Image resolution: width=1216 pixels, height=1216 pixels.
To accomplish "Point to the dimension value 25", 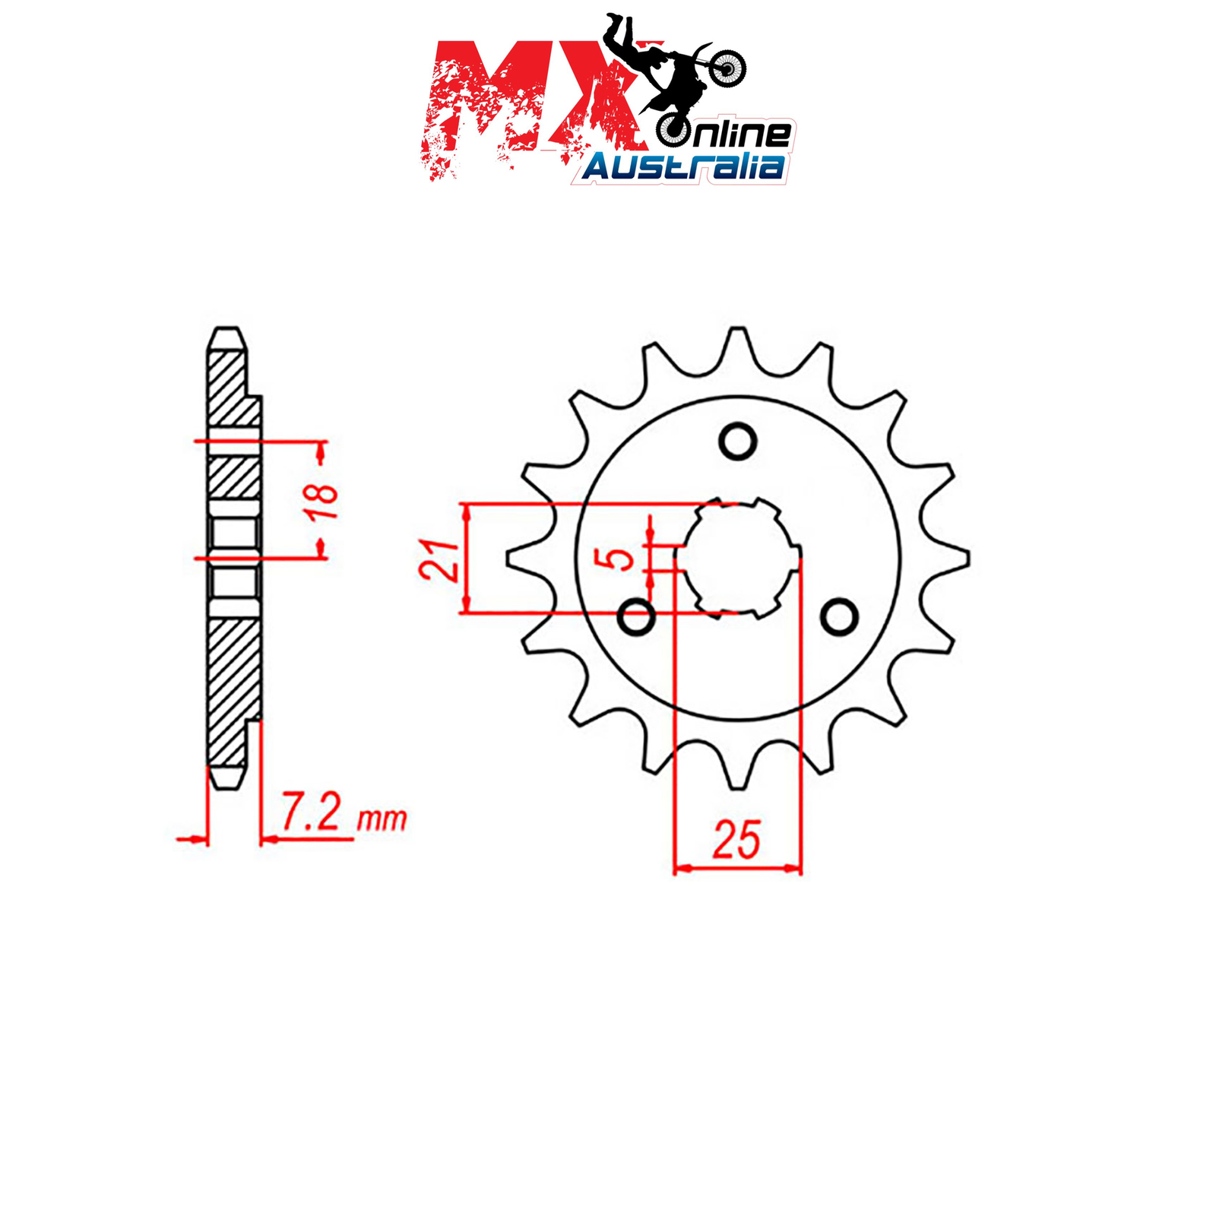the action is coord(736,840).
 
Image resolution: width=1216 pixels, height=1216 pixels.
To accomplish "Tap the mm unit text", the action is coord(382,819).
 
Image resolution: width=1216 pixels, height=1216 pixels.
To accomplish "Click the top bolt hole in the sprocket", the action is coord(737,441).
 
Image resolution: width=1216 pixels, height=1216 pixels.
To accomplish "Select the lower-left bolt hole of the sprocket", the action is coord(637,617).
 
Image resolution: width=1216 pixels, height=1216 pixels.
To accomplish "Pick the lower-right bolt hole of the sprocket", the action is coord(839,617).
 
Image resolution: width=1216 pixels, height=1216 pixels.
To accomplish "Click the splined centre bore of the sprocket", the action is coord(737,557).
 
